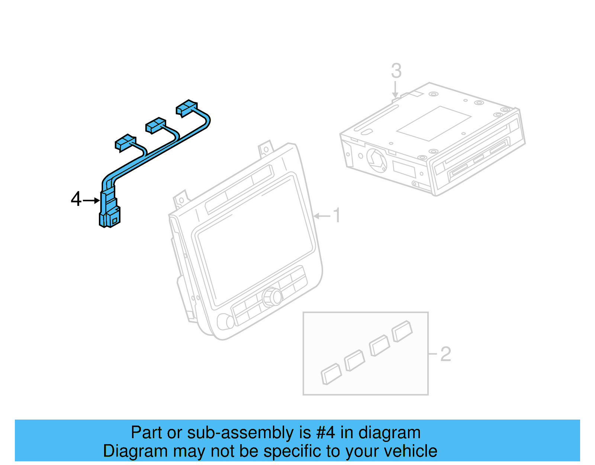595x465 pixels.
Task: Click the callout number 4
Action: coord(76,199)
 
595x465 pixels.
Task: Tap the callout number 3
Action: coord(396,71)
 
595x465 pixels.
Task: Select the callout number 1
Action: coord(337,216)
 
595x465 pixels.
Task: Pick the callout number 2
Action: coord(446,354)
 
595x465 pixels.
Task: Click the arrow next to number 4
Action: coord(91,201)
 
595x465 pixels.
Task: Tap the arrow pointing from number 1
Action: coord(322,216)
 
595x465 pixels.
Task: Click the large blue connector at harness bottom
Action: coord(110,214)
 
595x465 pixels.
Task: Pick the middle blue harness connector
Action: coord(156,125)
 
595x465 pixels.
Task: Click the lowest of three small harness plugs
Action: coord(125,143)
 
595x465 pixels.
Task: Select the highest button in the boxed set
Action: coord(402,331)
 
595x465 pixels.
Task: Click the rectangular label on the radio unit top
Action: coord(434,123)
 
